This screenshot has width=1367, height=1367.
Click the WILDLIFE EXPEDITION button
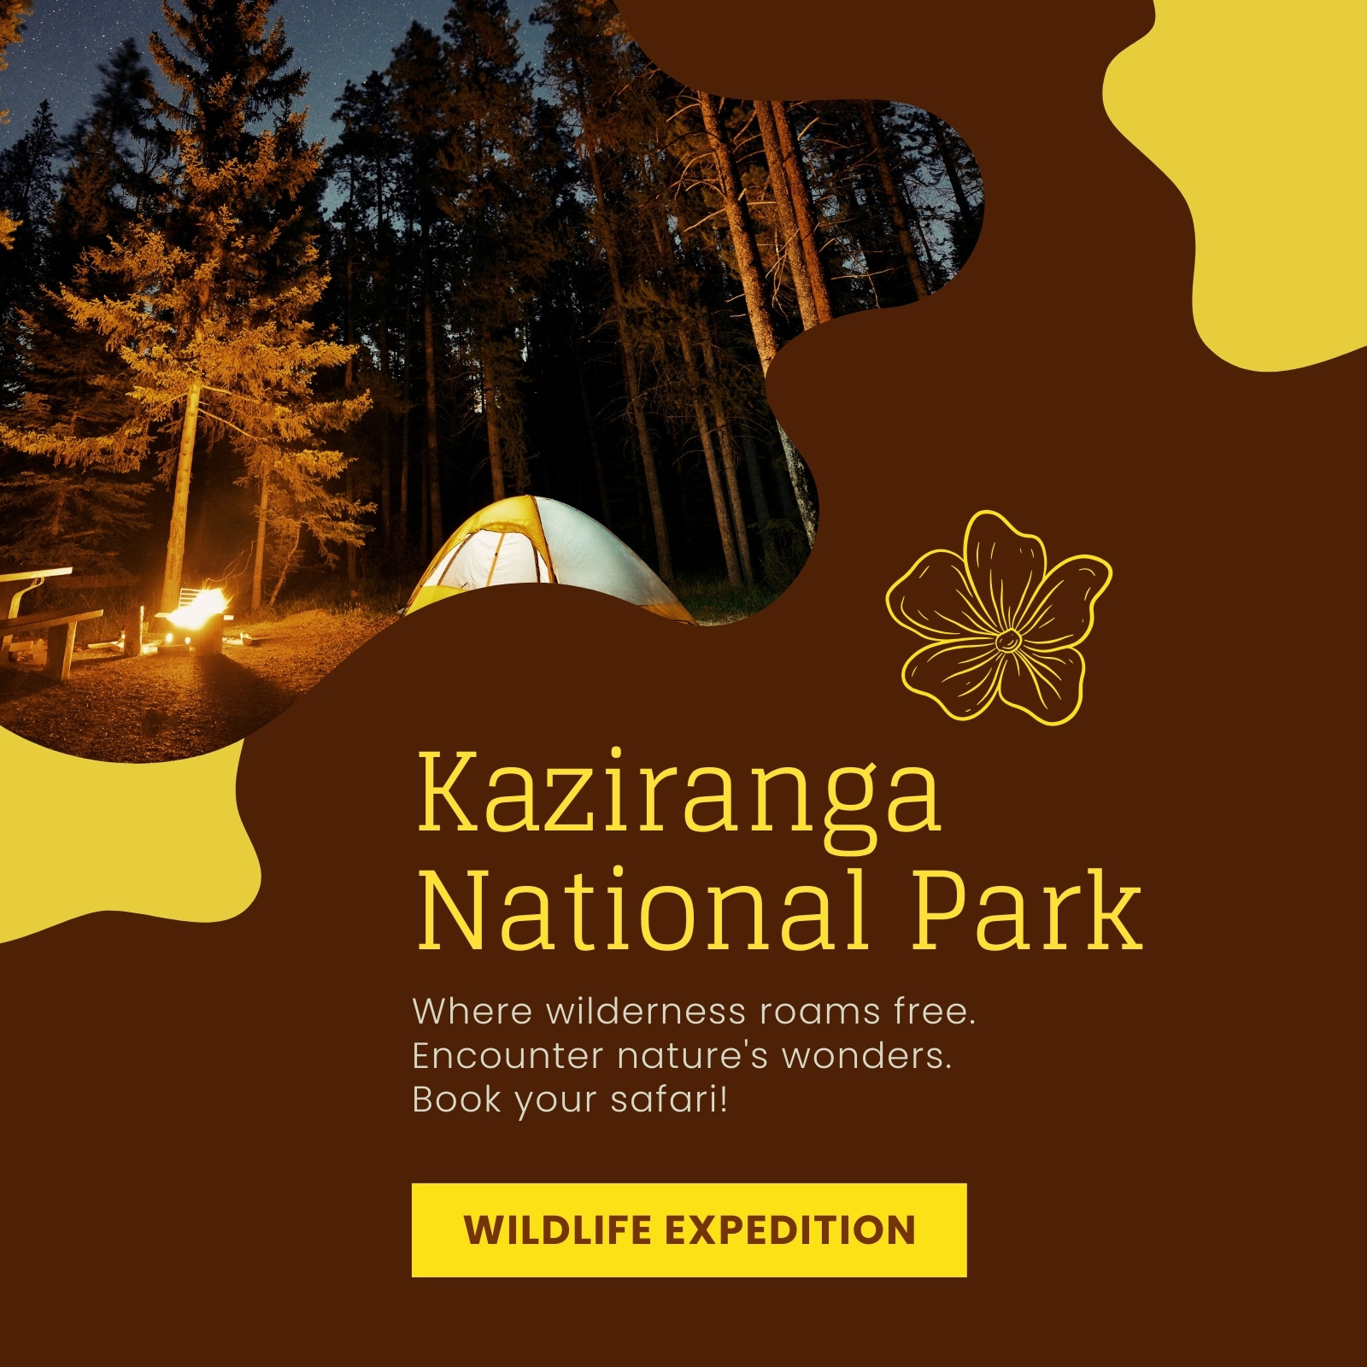tap(689, 1230)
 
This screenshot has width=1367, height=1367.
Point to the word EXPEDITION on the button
tap(790, 1230)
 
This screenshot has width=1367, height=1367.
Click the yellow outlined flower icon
tap(999, 618)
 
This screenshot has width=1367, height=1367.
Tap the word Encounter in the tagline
tap(507, 1056)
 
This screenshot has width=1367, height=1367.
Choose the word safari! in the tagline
tap(669, 1099)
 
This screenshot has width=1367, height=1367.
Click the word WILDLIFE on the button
tap(559, 1230)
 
